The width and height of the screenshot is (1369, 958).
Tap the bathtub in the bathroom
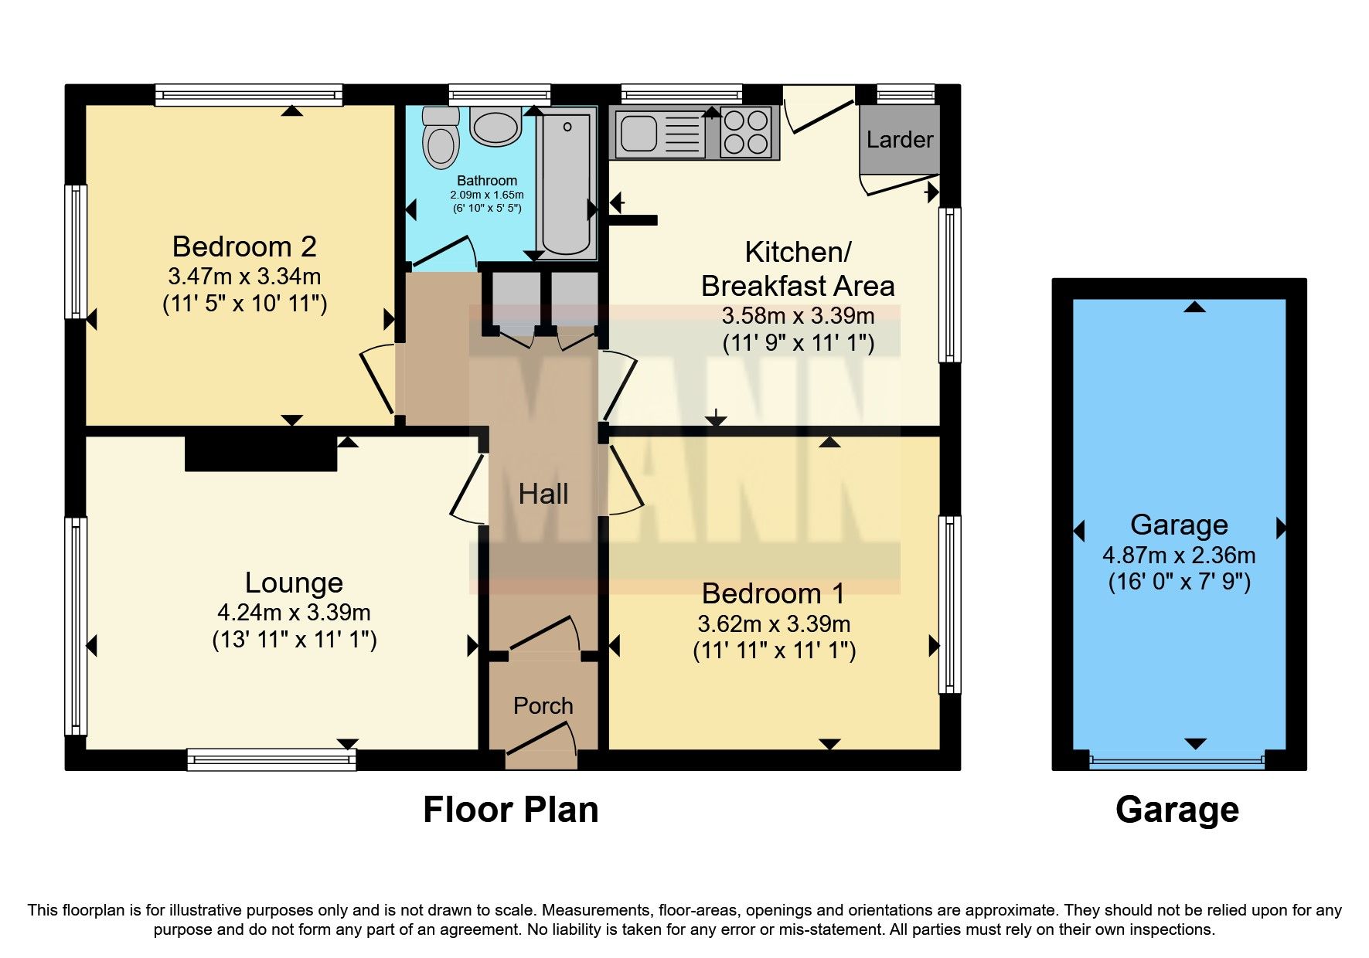(567, 184)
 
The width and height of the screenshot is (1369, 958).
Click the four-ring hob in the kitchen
(747, 133)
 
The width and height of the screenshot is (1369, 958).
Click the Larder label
(899, 140)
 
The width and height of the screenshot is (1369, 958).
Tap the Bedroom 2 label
(244, 246)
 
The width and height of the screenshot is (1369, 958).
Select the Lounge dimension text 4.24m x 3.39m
(294, 613)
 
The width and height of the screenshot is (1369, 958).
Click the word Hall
(543, 494)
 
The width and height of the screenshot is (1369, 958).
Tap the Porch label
(543, 706)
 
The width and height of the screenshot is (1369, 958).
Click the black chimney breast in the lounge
(261, 454)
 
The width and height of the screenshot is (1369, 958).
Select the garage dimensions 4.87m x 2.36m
(1178, 555)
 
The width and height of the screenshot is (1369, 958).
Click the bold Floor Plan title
(510, 810)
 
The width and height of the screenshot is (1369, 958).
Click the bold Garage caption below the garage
(1177, 810)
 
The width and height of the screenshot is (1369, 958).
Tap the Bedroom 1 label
(773, 593)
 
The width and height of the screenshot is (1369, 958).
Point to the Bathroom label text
(486, 181)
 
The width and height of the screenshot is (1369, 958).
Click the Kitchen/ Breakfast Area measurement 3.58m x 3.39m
(798, 316)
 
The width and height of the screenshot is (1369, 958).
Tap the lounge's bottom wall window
(271, 760)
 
